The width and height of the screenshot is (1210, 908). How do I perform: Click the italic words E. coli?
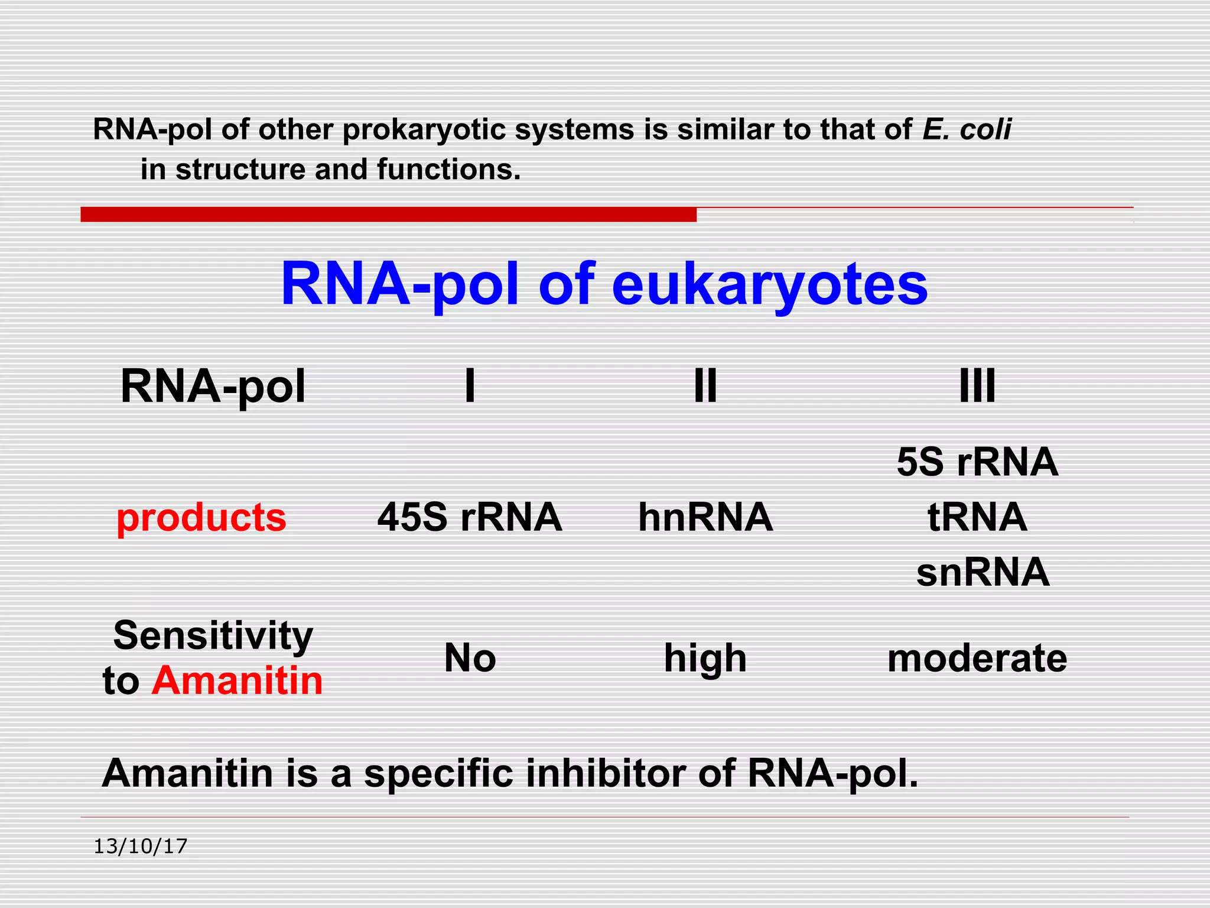click(967, 129)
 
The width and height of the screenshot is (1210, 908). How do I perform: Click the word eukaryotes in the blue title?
click(769, 285)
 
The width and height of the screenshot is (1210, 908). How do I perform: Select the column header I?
click(470, 386)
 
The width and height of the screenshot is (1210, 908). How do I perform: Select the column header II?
click(705, 386)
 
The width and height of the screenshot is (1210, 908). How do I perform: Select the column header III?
click(977, 386)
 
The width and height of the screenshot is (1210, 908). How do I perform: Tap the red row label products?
click(201, 517)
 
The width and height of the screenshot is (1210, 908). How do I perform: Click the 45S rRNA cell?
click(470, 517)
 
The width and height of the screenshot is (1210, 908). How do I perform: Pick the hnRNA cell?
click(705, 517)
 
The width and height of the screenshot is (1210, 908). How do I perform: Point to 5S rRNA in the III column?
click(977, 462)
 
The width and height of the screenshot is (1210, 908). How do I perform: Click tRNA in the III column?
click(977, 517)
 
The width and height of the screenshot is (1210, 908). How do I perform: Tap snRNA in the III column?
click(983, 572)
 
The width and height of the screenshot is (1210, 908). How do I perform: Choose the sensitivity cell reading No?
click(470, 658)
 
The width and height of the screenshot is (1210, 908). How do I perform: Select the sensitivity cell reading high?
click(705, 658)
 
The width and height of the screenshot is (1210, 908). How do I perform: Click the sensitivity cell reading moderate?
click(977, 658)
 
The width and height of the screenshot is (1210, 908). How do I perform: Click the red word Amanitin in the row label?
click(237, 681)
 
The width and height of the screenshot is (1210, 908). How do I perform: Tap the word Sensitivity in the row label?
click(213, 635)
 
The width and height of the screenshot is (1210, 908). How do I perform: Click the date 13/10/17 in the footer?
click(141, 847)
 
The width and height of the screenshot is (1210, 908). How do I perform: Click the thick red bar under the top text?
click(388, 214)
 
